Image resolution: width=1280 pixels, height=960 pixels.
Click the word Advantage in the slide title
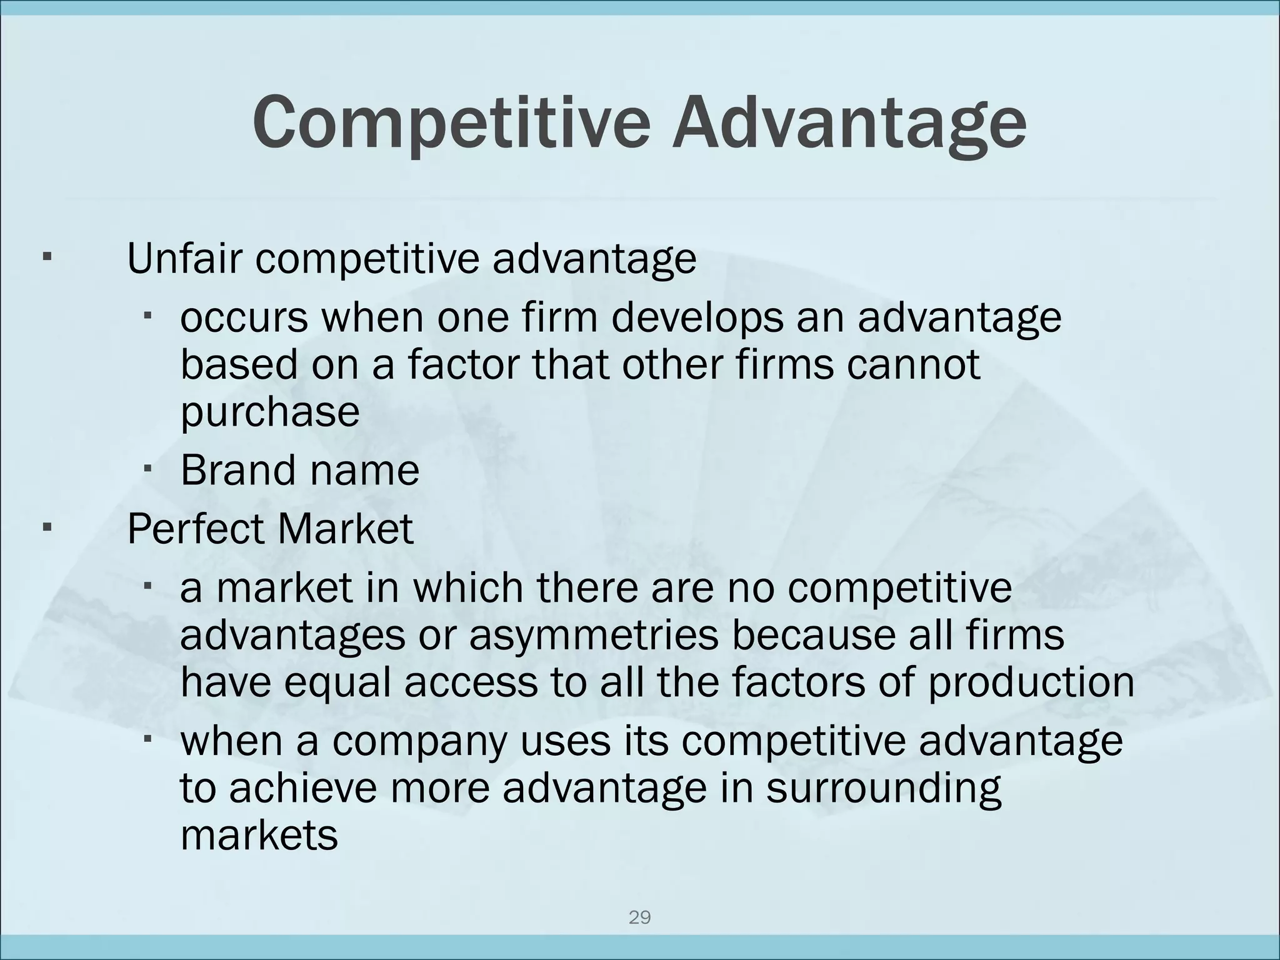pos(849,122)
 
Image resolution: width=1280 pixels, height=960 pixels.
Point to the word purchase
pos(270,412)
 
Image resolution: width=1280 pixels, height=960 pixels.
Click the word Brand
pos(236,470)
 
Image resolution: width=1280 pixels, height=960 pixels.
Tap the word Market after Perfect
pos(346,529)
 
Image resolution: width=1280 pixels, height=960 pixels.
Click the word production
pos(1031,682)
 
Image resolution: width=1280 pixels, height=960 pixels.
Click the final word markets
pos(259,834)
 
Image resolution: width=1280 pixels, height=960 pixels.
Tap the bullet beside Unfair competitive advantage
pos(46,257)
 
